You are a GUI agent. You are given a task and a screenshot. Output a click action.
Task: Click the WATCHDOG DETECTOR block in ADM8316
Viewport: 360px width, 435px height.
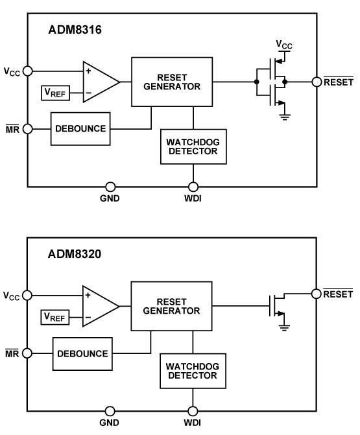click(x=193, y=147)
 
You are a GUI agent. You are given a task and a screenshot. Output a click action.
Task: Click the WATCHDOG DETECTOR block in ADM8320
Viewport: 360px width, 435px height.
click(x=193, y=373)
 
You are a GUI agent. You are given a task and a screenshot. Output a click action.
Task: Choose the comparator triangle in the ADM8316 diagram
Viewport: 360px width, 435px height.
click(x=99, y=82)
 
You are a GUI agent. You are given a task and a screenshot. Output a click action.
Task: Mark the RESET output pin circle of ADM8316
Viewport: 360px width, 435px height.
click(x=317, y=82)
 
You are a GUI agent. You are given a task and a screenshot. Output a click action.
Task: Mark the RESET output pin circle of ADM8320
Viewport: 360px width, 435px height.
click(x=317, y=293)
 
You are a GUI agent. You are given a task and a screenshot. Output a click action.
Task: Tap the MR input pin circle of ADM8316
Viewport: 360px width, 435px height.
click(x=27, y=128)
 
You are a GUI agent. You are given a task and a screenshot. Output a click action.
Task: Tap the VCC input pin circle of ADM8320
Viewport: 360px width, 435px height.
click(x=27, y=295)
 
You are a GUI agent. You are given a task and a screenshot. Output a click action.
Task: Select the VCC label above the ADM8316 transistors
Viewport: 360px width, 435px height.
click(x=284, y=44)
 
